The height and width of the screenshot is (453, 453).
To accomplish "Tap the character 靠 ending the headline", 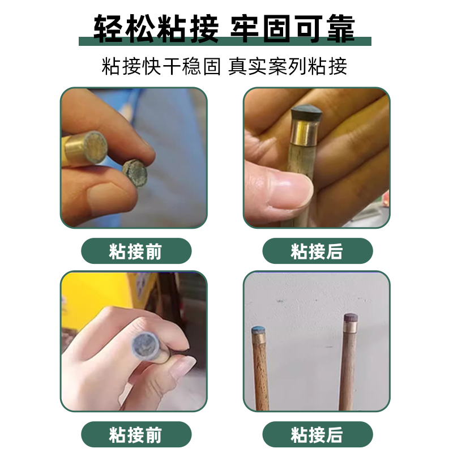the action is [x=341, y=28].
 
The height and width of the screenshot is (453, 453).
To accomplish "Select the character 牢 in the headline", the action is [x=245, y=28].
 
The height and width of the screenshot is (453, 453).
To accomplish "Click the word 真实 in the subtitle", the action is [x=247, y=66].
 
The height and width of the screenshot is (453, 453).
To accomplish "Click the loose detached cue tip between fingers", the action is [x=135, y=173].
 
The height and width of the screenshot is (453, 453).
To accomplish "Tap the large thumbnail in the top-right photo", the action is [x=289, y=189].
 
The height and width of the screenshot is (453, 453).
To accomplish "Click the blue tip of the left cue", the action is [x=258, y=330].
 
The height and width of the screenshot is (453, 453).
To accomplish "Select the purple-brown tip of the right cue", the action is [x=351, y=318].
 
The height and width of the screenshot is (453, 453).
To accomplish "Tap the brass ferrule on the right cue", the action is [x=351, y=327].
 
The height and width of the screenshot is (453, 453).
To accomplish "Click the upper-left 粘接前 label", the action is [x=136, y=251].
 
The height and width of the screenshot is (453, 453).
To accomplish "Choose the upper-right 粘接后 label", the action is [x=318, y=251].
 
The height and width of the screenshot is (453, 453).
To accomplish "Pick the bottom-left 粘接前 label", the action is [x=136, y=434].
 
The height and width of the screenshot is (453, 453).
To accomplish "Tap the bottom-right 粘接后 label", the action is [x=318, y=434].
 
